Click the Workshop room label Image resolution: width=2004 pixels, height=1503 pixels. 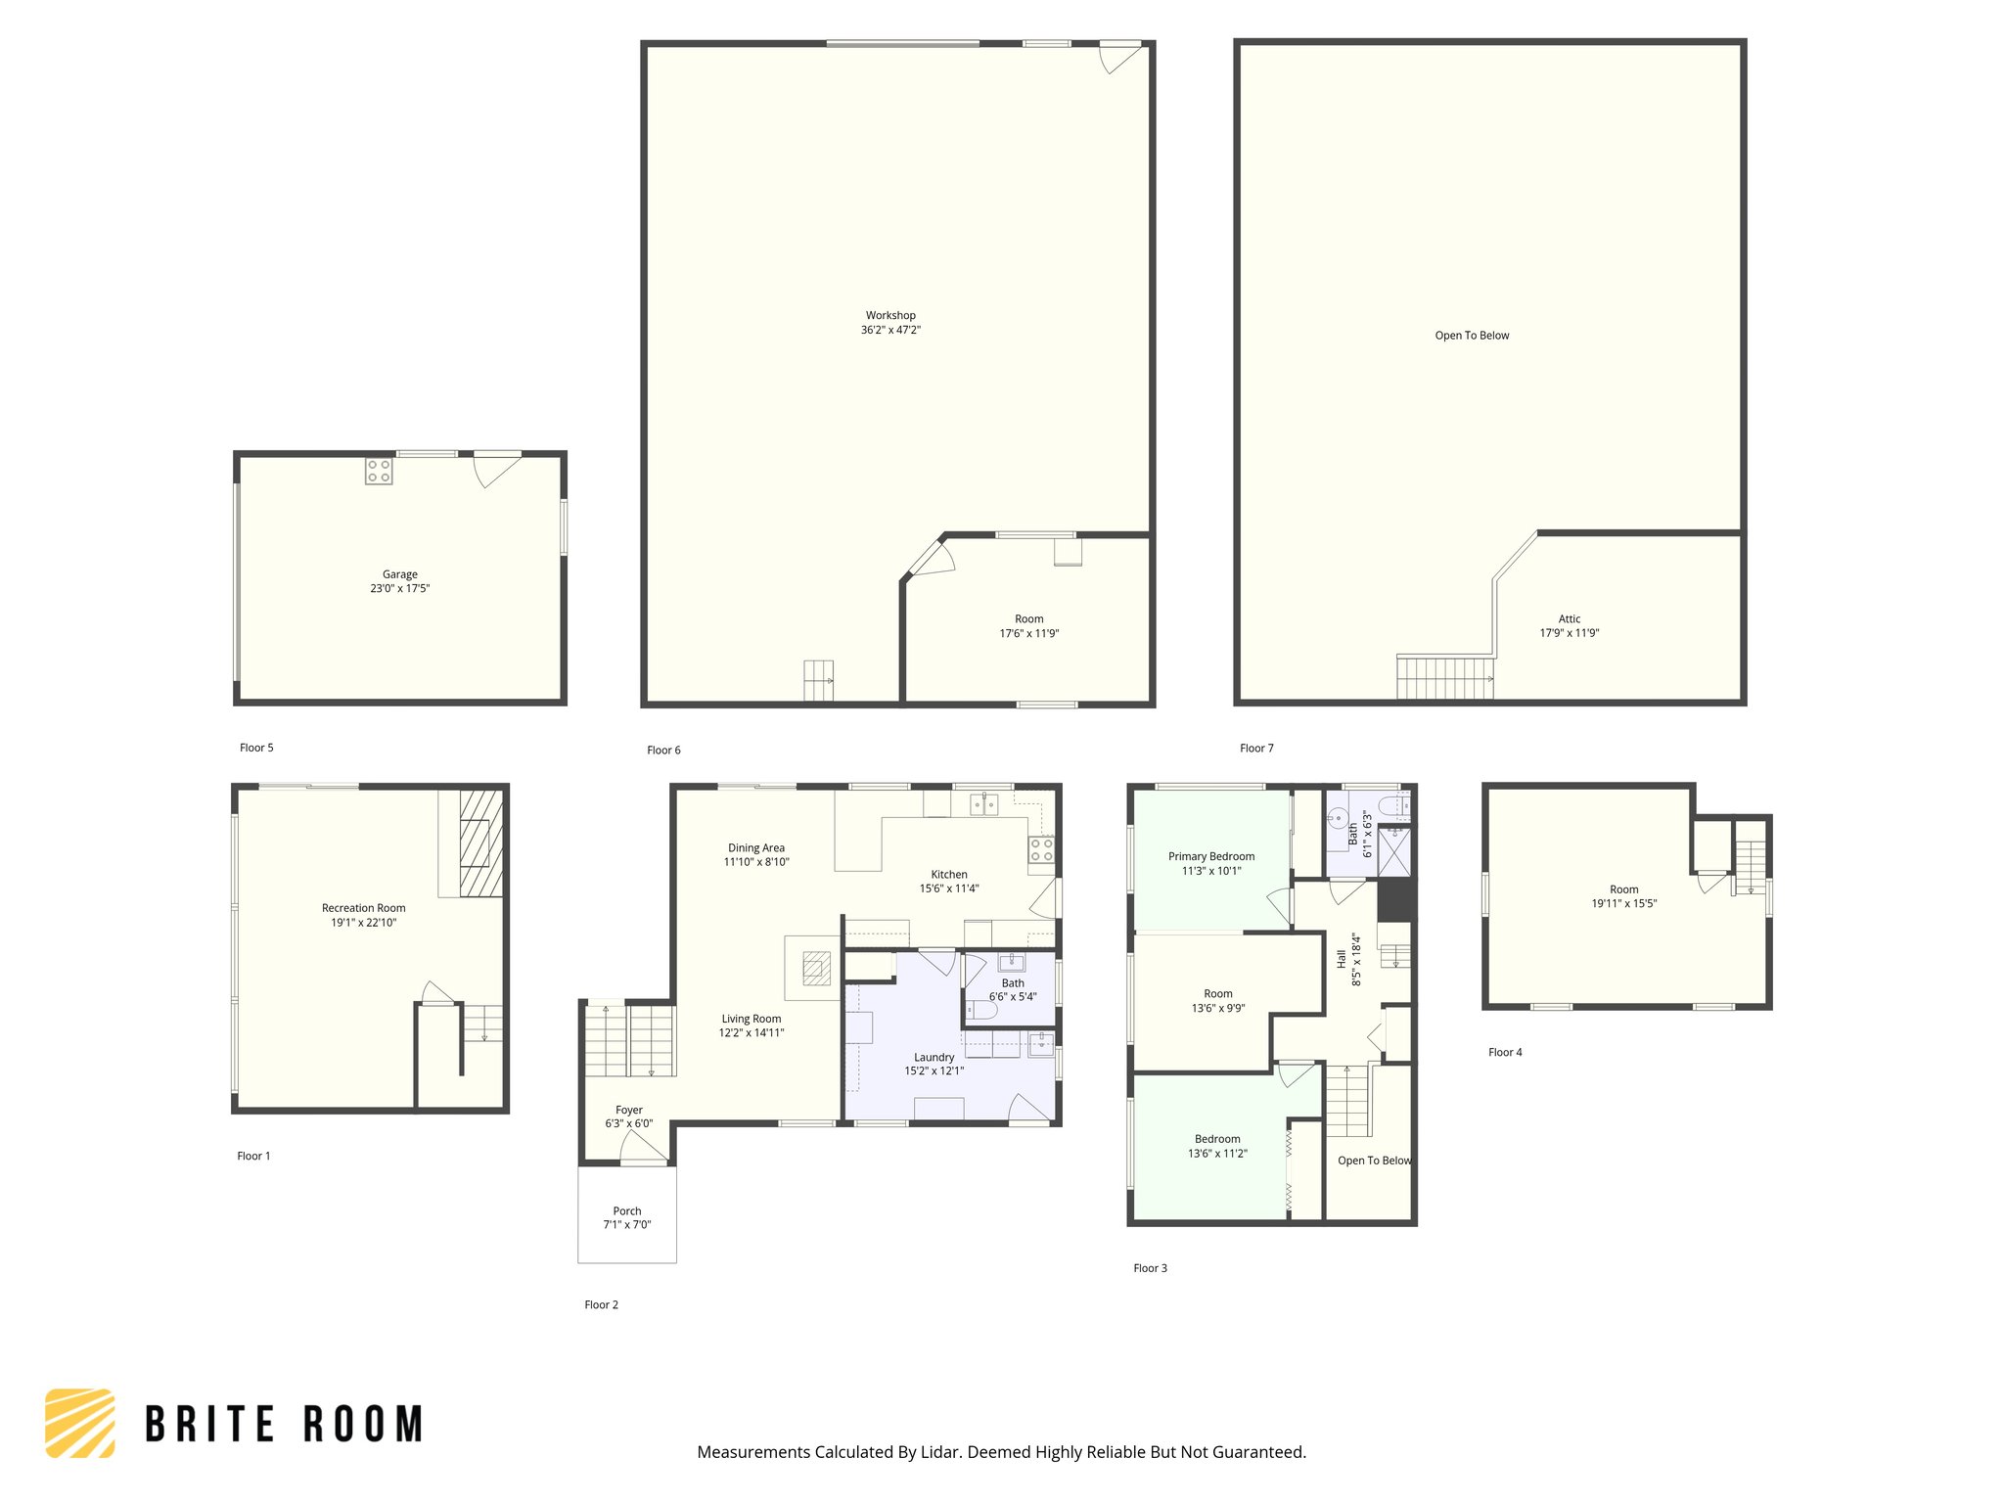(890, 315)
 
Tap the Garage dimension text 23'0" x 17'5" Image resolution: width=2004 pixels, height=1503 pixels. (399, 588)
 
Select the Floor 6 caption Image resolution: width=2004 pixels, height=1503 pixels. (663, 751)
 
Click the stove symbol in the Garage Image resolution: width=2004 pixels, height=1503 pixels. (379, 471)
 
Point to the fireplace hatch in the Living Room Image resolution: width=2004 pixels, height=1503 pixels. (816, 969)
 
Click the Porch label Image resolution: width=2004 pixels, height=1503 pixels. (627, 1210)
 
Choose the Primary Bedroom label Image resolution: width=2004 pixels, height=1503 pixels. (1210, 856)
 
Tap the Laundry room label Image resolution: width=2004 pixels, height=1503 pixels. (934, 1057)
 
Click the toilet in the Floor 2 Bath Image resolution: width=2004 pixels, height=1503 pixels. (982, 1009)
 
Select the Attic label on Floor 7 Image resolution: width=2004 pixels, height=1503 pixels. (1569, 618)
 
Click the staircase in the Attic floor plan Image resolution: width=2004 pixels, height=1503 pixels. (1444, 678)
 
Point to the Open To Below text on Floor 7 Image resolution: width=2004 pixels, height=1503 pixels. (1472, 336)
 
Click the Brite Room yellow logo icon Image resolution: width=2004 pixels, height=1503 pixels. (79, 1423)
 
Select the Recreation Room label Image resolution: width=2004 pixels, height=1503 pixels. (363, 908)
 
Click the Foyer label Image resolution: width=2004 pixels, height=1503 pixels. (628, 1110)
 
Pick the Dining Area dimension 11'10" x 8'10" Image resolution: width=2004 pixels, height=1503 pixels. (755, 862)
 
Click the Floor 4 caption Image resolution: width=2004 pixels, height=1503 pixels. (1505, 1053)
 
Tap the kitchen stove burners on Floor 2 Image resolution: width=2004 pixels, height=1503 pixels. (1041, 849)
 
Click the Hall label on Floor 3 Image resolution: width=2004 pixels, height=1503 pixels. (1342, 959)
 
